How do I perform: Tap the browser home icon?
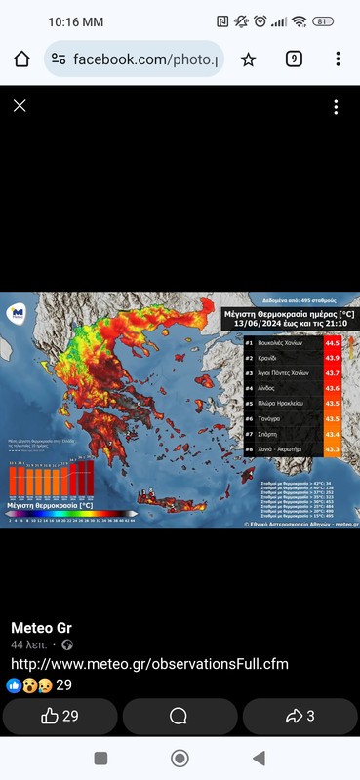click(x=21, y=59)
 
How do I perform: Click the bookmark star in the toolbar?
click(x=248, y=59)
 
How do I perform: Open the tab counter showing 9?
click(x=294, y=58)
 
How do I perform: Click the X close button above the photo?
click(x=20, y=106)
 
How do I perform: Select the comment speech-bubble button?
click(x=179, y=716)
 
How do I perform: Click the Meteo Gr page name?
click(x=40, y=627)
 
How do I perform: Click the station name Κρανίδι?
click(x=272, y=358)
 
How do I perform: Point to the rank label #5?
click(x=250, y=403)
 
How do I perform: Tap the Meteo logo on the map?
click(x=17, y=312)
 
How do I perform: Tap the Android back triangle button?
click(x=258, y=759)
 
